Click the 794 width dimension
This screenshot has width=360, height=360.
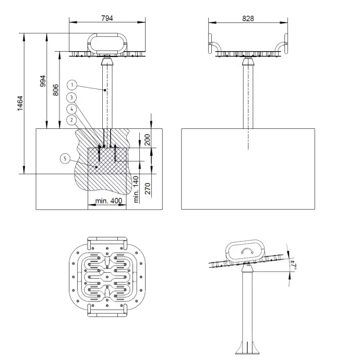pyautogui.click(x=107, y=18)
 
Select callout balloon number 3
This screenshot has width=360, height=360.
pyautogui.click(x=73, y=97)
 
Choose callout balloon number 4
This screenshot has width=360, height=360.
pyautogui.click(x=73, y=109)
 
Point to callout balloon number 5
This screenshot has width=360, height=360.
pyautogui.click(x=64, y=158)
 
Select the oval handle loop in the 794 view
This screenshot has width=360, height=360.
pyautogui.click(x=107, y=43)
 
